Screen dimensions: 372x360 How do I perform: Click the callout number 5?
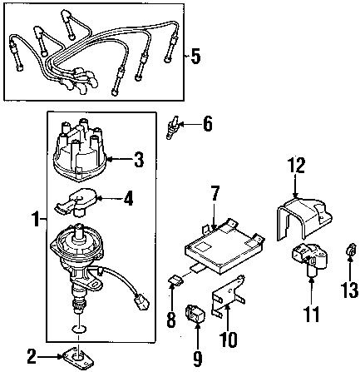tap(195, 57)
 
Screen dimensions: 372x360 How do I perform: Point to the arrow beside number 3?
tap(120, 155)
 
